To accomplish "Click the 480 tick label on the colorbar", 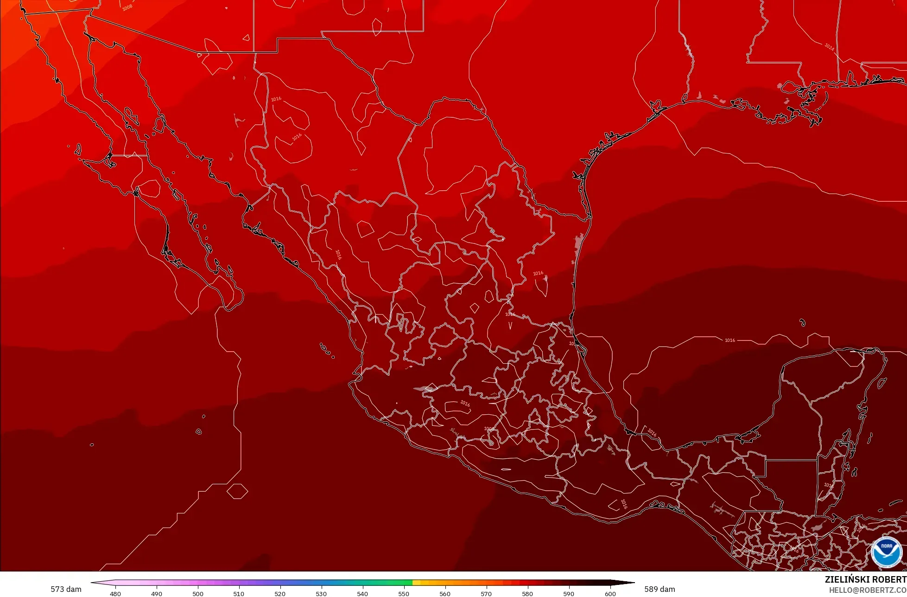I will click(x=115, y=593).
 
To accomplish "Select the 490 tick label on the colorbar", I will click(x=157, y=593).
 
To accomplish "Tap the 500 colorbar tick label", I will click(x=198, y=593).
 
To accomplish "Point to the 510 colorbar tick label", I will click(x=239, y=593).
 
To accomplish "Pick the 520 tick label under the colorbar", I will click(x=280, y=593).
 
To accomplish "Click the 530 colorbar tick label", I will click(x=321, y=593).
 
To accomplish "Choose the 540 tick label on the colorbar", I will click(x=362, y=593).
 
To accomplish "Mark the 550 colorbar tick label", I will click(x=404, y=593).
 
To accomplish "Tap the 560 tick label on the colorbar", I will click(x=445, y=593).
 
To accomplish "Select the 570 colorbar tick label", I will click(x=486, y=593).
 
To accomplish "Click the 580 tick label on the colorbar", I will click(x=527, y=593).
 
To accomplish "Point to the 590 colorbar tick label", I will click(x=569, y=593).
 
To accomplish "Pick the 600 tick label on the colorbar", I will click(x=610, y=593).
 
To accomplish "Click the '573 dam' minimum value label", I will click(x=66, y=589).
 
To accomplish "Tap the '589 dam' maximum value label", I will click(x=660, y=589).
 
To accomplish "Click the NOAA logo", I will click(x=886, y=552).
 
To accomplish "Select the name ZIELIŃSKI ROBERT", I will click(x=865, y=579).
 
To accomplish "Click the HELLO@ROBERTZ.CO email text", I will click(x=868, y=590).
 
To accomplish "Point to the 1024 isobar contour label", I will click(x=830, y=47).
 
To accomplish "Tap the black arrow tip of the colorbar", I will click(x=630, y=583).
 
